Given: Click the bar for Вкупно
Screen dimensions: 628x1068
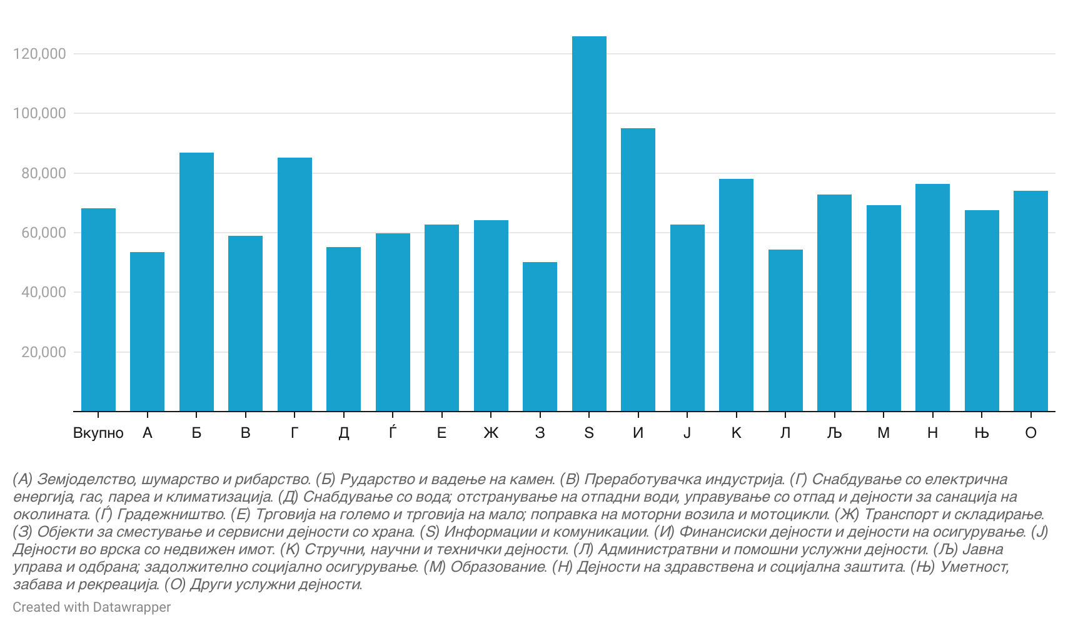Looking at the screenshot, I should point(98,310).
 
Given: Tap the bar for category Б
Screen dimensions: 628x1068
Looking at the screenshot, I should point(196,282).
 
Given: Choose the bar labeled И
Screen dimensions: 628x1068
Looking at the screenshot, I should point(638,270).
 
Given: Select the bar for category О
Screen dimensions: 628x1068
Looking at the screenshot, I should point(1030,301).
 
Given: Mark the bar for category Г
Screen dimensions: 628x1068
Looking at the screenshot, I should point(295,285).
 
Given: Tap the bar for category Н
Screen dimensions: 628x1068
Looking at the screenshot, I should point(932,298).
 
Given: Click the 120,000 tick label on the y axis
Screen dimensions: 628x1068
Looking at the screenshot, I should point(39,54).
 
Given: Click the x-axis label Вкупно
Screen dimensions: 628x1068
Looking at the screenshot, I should point(98,433).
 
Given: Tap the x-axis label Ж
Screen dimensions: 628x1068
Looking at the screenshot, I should point(491,433).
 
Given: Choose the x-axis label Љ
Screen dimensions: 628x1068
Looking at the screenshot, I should point(834,433).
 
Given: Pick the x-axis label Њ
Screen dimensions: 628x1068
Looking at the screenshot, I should point(982,433).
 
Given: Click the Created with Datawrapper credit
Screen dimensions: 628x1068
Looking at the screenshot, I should point(91,607).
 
